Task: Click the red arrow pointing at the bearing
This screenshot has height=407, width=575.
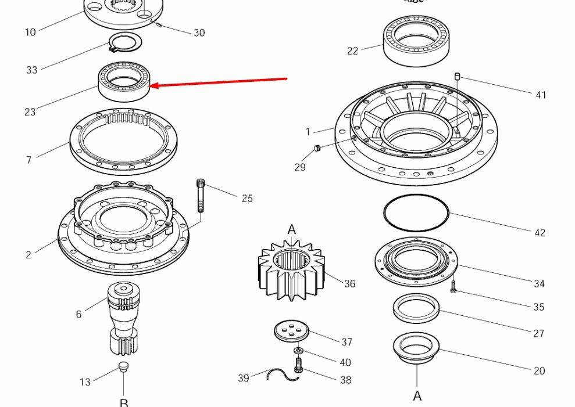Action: (x=219, y=82)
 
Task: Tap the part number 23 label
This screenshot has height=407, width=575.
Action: (x=30, y=111)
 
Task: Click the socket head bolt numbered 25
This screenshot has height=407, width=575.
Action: (x=201, y=195)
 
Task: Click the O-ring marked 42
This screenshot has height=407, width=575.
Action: (x=416, y=213)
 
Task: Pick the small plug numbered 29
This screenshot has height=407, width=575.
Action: (x=317, y=147)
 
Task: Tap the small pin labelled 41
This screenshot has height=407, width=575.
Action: (x=458, y=76)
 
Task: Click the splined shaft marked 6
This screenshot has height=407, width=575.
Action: (x=123, y=319)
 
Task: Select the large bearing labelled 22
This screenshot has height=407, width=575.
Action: (x=416, y=39)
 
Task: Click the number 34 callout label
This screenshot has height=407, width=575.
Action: (x=539, y=283)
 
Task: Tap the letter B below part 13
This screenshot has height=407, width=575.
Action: (x=124, y=402)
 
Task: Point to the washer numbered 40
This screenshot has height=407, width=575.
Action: (x=298, y=351)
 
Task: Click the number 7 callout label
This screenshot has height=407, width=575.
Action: (x=28, y=160)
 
